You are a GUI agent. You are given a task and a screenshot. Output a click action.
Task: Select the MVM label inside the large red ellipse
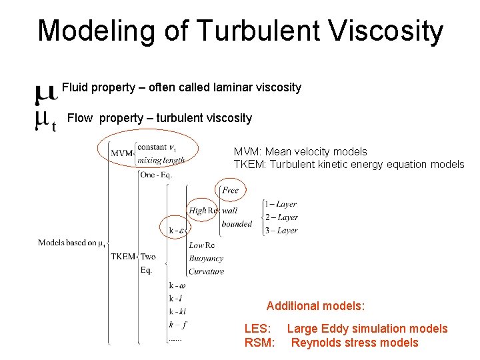(x=121, y=153)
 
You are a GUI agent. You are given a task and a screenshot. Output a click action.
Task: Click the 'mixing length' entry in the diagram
(x=161, y=160)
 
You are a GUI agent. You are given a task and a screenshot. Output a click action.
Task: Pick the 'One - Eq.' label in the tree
(x=157, y=175)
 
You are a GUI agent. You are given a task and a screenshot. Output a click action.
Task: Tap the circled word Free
(x=230, y=191)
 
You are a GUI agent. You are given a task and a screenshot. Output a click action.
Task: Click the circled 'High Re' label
(x=203, y=211)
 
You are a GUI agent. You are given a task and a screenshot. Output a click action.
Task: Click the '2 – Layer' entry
(x=281, y=217)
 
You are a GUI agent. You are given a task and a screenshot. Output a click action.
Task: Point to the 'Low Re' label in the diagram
(x=202, y=245)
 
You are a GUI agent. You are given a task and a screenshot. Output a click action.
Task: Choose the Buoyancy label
(x=206, y=258)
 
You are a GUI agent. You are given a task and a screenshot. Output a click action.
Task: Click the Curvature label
(x=206, y=271)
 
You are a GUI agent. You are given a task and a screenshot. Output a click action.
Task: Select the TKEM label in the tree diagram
(x=123, y=257)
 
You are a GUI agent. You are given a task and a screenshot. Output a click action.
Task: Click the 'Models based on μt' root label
(x=71, y=243)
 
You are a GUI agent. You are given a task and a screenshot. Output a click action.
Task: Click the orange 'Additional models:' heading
(x=315, y=306)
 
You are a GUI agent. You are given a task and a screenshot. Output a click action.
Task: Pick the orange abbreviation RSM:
(x=259, y=343)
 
